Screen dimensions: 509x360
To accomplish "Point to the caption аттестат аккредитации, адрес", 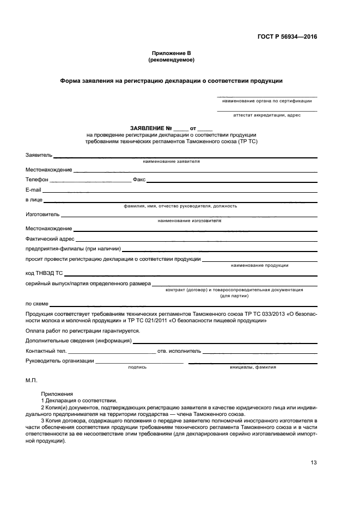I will pos(267,115).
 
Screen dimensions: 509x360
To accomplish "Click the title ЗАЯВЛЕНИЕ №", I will pos(155,128).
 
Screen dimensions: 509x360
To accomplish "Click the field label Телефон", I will pos(37,179).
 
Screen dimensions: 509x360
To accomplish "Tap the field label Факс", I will pos(138,179).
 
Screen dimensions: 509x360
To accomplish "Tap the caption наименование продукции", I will pos(259,265).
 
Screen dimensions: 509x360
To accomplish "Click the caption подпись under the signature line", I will pos(137,367).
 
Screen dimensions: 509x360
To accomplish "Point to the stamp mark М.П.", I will pos(30,382).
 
